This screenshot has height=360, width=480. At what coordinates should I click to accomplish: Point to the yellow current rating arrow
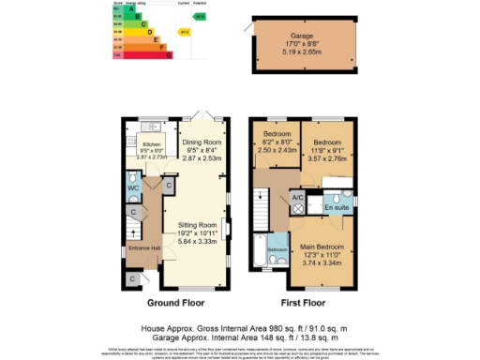[x=185, y=31]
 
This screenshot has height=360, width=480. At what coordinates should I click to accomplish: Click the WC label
[x=132, y=188]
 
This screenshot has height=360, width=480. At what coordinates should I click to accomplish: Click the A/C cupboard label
[x=297, y=199]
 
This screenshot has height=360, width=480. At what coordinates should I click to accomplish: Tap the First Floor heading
[x=302, y=304]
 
